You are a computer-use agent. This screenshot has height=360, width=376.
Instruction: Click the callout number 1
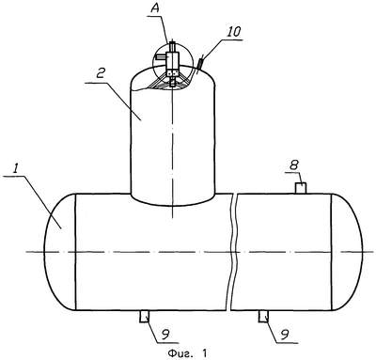coord(14,169)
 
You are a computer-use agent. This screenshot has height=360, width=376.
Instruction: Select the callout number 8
coord(293,165)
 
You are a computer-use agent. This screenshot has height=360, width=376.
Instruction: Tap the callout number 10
coord(235,31)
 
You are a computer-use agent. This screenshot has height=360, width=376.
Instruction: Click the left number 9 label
coord(164,336)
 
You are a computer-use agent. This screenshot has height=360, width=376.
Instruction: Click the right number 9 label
coord(285,336)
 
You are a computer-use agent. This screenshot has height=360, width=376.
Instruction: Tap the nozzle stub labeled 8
coord(301,188)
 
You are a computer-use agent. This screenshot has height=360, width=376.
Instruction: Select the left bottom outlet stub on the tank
coord(144,317)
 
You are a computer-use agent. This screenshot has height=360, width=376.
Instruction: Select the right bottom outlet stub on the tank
coord(263,317)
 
